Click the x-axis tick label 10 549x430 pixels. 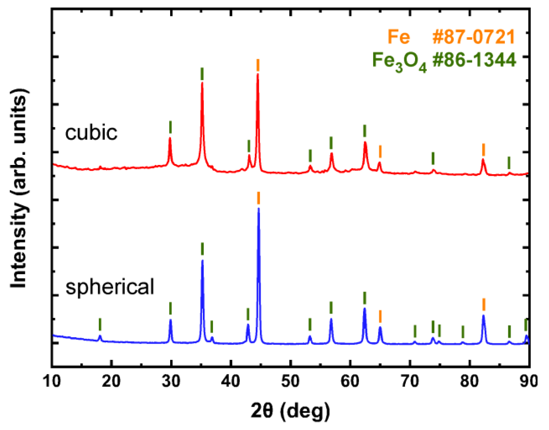(52, 381)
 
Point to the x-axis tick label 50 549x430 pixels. (290, 381)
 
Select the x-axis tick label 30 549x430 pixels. (171, 381)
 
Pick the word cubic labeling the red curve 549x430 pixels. (91, 133)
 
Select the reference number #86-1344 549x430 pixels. (474, 60)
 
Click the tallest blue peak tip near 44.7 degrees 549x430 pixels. (258, 209)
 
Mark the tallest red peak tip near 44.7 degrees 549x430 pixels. (258, 74)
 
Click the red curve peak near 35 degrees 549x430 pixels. (202, 83)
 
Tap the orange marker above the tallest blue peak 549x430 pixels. (258, 198)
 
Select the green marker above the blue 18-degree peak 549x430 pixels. (100, 324)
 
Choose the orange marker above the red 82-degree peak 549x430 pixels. (483, 150)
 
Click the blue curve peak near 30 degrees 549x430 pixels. (170, 320)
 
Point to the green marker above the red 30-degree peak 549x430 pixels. (170, 127)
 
